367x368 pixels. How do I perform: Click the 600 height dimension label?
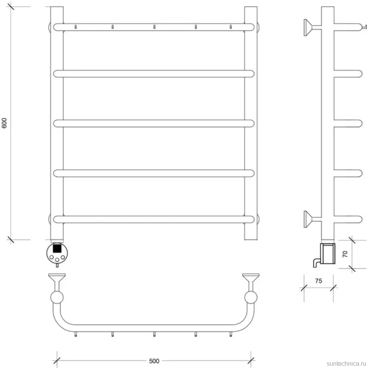coord(4,123)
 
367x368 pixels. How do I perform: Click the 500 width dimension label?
coord(154,361)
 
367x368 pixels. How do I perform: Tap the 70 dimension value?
coord(345,254)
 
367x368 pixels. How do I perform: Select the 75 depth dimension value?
coord(318,281)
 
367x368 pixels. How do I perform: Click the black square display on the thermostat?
coord(57,248)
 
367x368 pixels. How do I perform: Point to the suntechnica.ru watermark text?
coord(346,363)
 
